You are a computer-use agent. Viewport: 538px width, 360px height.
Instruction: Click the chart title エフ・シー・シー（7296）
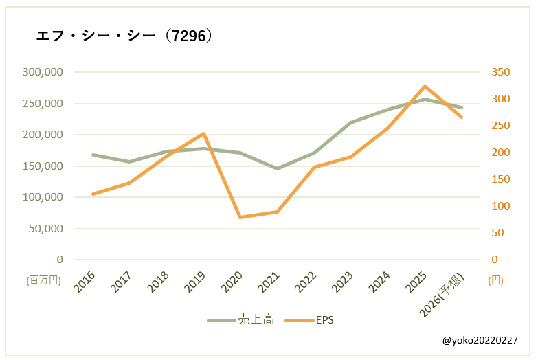pyautogui.click(x=124, y=36)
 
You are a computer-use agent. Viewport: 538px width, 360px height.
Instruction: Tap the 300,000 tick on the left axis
pyautogui.click(x=43, y=72)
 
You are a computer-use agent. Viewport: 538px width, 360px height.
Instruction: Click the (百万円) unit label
pyautogui.click(x=44, y=280)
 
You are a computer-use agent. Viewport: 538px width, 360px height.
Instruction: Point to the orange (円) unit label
pyautogui.click(x=495, y=280)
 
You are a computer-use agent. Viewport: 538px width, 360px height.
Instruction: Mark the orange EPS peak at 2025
pyautogui.click(x=425, y=87)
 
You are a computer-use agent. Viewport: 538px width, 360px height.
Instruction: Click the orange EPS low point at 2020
pyautogui.click(x=240, y=217)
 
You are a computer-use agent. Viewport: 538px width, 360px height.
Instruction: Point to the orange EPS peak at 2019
pyautogui.click(x=203, y=133)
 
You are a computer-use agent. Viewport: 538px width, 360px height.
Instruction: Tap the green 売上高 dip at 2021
pyautogui.click(x=278, y=168)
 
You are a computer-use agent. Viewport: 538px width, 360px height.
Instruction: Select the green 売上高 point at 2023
pyautogui.click(x=351, y=123)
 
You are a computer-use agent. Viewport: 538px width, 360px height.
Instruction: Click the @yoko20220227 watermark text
pyautogui.click(x=480, y=340)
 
